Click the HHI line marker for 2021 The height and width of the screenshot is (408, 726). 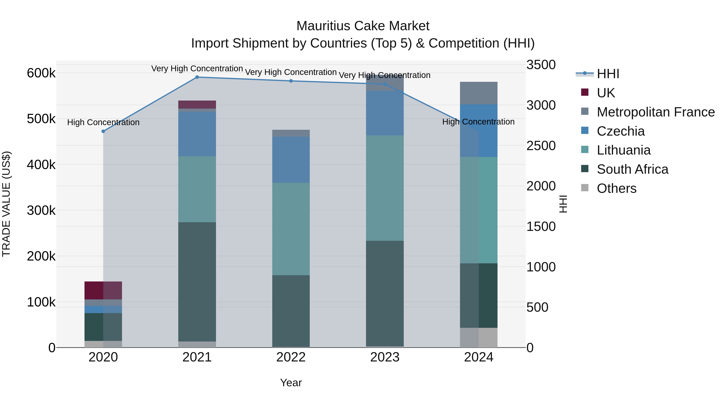click(x=197, y=77)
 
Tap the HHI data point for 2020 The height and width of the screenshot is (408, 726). click(x=103, y=131)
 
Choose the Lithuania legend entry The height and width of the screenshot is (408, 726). click(x=623, y=150)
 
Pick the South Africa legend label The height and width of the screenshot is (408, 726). click(x=632, y=169)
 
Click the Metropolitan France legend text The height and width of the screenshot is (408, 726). click(x=656, y=112)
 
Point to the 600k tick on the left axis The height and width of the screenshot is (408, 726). click(x=41, y=73)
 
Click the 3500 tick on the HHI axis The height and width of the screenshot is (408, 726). click(x=541, y=65)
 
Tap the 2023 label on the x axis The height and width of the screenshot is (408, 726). click(x=385, y=357)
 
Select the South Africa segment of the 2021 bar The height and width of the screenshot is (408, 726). click(x=197, y=282)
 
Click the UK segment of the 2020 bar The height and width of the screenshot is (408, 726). click(x=103, y=290)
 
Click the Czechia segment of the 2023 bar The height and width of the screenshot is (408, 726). click(x=385, y=113)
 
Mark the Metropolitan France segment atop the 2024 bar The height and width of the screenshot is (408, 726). click(x=479, y=93)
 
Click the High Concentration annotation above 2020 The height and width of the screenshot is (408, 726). click(x=103, y=123)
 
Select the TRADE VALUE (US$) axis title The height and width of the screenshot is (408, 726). click(x=6, y=204)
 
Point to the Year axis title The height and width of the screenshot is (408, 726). click(x=291, y=383)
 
